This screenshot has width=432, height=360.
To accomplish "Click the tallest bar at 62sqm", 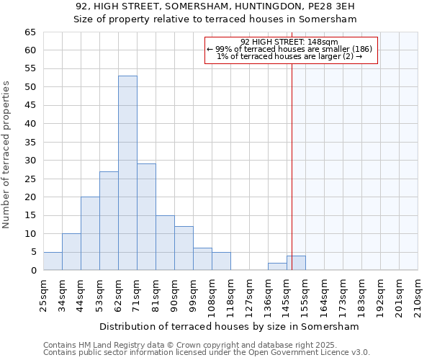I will (127, 173).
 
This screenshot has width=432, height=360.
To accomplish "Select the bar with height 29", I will (146, 217).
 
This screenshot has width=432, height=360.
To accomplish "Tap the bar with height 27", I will (109, 220).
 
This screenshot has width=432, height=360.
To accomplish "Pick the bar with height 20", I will (90, 233).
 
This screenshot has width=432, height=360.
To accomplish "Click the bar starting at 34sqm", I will (71, 252).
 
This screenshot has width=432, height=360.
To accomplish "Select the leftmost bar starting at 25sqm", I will (53, 261).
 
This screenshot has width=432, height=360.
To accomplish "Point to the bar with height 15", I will (165, 243).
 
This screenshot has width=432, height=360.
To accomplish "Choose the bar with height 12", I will (184, 248).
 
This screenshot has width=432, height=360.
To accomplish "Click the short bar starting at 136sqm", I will (277, 266).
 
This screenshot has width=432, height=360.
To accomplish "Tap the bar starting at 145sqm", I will (296, 263).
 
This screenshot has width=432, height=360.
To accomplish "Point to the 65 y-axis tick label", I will (30, 32).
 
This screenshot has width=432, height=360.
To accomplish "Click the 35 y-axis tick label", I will (30, 143).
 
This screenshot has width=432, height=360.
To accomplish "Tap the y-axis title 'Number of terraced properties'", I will (7, 155).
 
